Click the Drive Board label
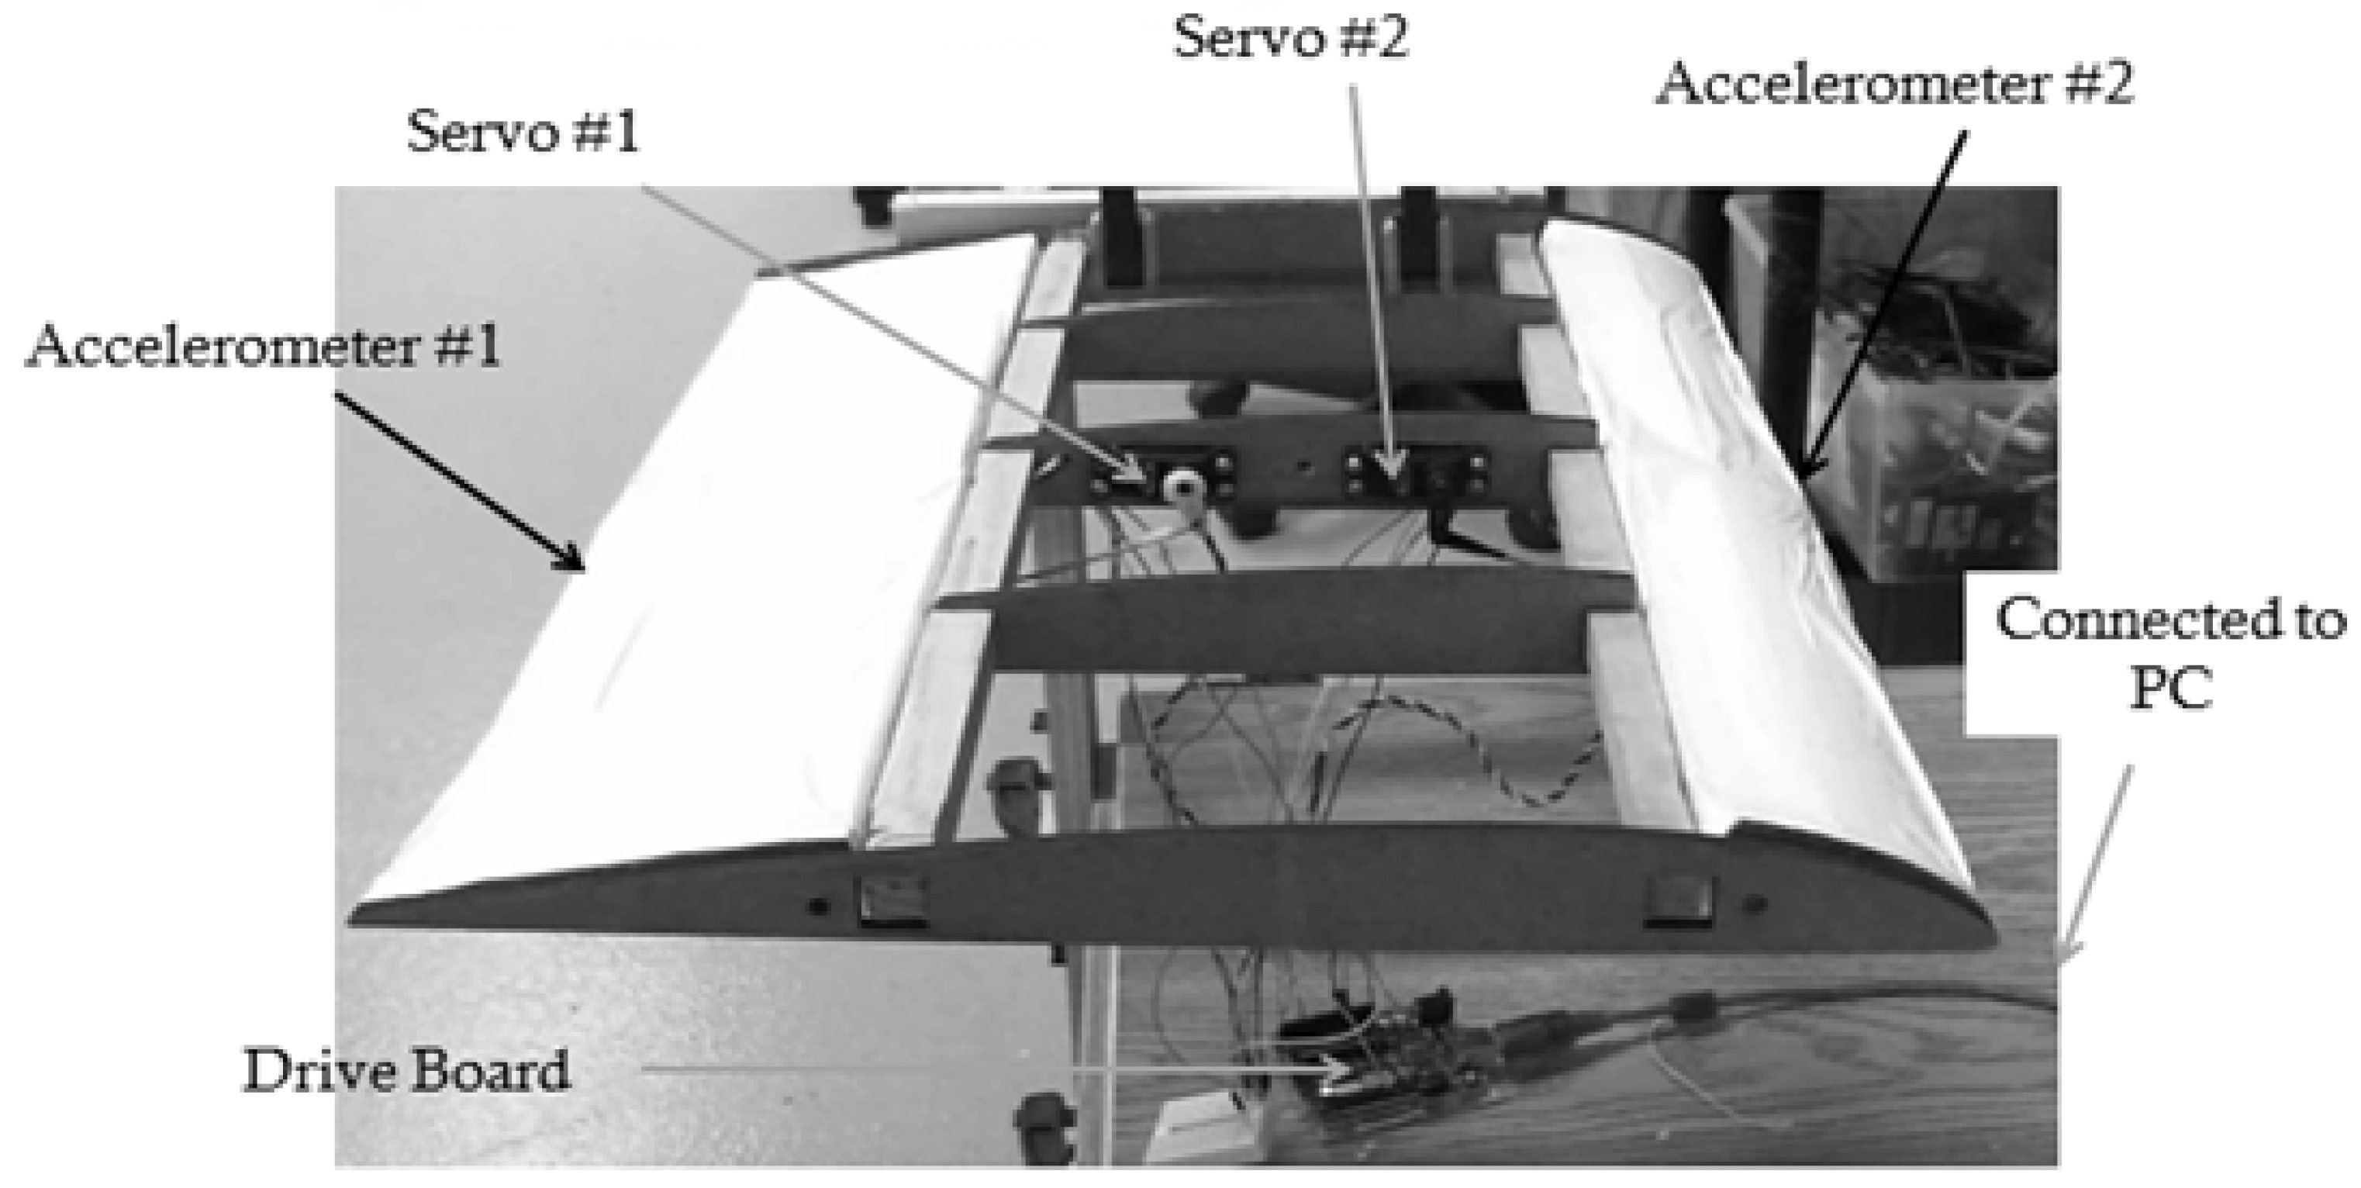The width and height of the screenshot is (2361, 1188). pos(406,1070)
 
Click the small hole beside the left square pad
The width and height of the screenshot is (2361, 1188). pos(820,907)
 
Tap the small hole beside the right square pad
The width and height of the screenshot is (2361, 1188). pos(1753,906)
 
